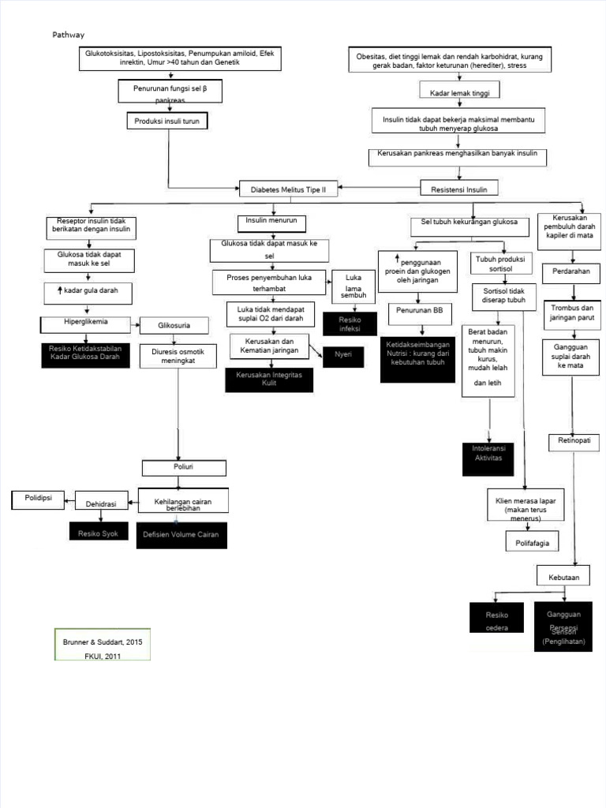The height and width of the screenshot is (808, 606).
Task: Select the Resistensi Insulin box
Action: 459,189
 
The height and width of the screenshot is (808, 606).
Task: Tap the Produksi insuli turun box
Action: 168,122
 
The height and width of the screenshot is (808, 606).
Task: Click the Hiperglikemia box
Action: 86,323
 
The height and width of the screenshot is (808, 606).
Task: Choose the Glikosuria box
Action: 174,324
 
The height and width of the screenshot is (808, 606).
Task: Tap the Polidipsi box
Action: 38,499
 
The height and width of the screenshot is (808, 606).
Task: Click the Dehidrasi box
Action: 101,503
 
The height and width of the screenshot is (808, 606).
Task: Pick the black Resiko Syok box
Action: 98,533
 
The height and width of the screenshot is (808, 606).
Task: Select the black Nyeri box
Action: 342,355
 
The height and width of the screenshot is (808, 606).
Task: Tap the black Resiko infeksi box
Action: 349,324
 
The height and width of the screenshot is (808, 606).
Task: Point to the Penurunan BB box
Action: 421,311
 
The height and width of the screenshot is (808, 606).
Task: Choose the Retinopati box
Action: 574,440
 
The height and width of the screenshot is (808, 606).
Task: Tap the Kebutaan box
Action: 563,578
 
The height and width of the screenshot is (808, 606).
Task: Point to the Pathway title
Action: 68,35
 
